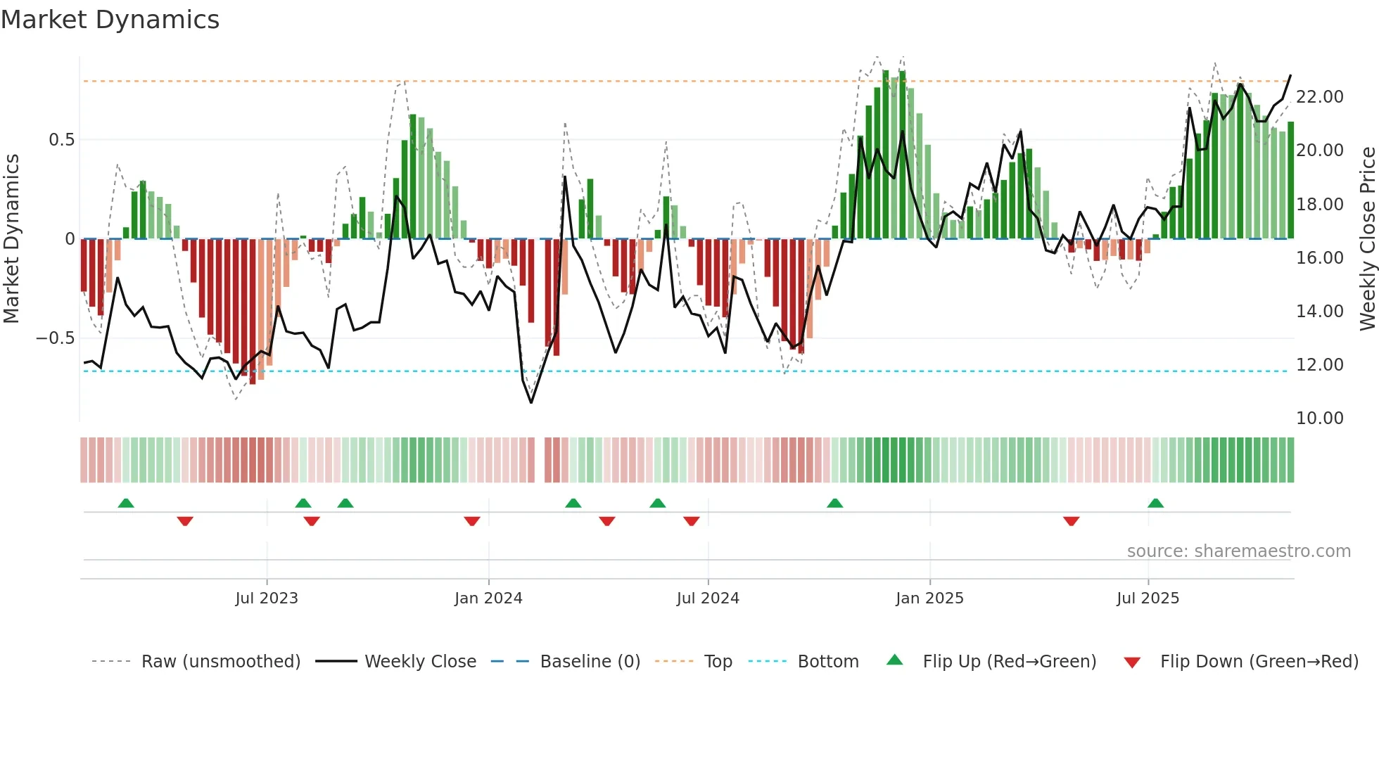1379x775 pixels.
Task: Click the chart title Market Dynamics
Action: pyautogui.click(x=110, y=20)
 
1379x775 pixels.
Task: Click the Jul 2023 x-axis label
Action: pyautogui.click(x=267, y=598)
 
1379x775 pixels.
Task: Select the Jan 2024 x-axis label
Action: pyautogui.click(x=488, y=598)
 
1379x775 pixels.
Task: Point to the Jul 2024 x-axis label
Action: pyautogui.click(x=708, y=598)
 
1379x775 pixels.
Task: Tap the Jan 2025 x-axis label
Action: pyautogui.click(x=929, y=598)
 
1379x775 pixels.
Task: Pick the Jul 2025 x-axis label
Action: pyautogui.click(x=1148, y=598)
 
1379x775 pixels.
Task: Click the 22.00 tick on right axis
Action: pyautogui.click(x=1319, y=97)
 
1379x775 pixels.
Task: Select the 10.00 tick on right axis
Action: pyautogui.click(x=1319, y=418)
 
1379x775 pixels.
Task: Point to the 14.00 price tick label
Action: pyautogui.click(x=1319, y=312)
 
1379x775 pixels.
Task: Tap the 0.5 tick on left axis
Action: pyautogui.click(x=61, y=140)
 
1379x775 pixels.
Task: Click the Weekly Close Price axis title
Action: pyautogui.click(x=1367, y=239)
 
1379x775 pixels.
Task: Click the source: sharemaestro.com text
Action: pyautogui.click(x=1238, y=551)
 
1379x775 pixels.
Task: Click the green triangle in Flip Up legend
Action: pyautogui.click(x=894, y=660)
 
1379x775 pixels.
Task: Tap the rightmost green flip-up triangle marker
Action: pyautogui.click(x=1155, y=504)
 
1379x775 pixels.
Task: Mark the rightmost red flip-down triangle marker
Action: pyautogui.click(x=1071, y=521)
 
